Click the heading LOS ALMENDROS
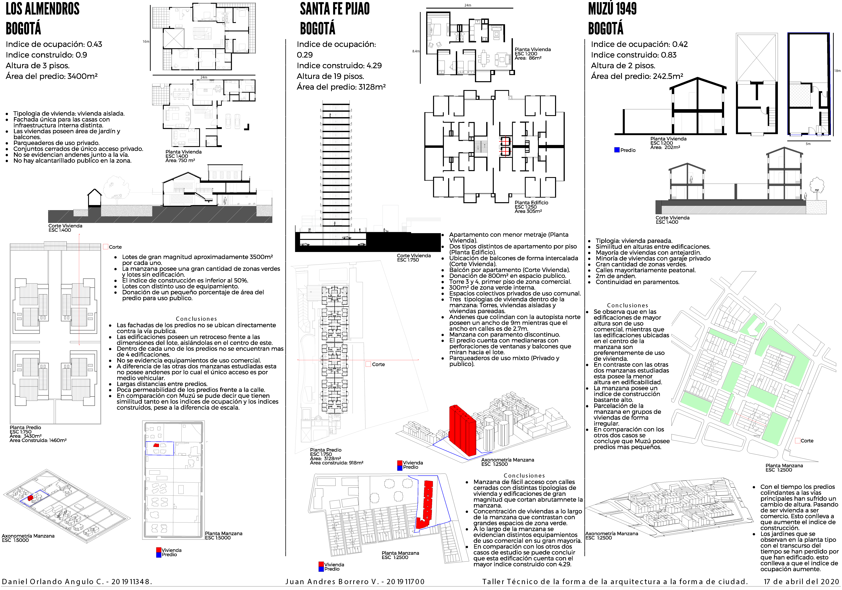click(42, 9)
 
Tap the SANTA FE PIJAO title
click(334, 9)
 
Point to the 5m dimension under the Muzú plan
click(808, 144)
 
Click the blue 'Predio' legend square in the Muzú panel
click(617, 150)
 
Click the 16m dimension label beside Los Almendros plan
click(146, 42)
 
